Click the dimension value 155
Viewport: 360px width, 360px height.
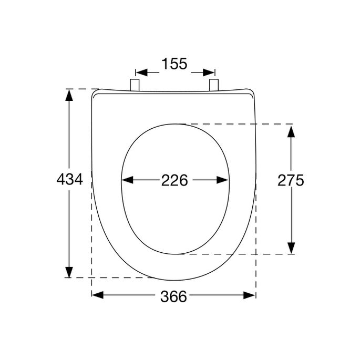pos(174,64)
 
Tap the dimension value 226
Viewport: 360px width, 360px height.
pos(174,180)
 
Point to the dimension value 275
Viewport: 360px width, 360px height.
pos(291,180)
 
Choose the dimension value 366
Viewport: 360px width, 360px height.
pos(173,296)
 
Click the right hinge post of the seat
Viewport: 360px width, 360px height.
pos(214,85)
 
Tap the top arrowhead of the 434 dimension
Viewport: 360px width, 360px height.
pos(69,95)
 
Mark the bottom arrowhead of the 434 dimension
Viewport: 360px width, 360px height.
pos(69,272)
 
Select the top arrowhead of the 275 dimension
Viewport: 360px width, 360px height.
pos(291,130)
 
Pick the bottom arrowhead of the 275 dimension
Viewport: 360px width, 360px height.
pos(291,248)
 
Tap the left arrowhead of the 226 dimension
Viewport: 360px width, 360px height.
pos(127,180)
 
